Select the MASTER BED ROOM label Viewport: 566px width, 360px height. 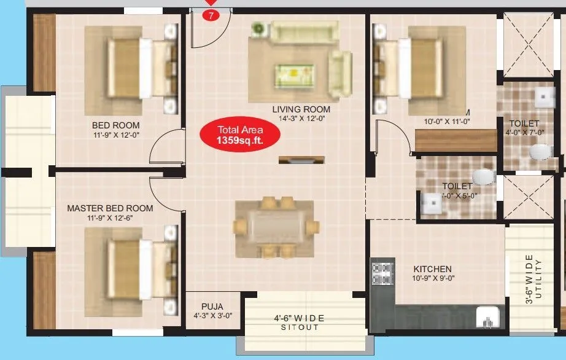(110, 208)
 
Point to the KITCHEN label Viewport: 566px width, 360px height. (432, 269)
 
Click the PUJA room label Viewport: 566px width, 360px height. (212, 307)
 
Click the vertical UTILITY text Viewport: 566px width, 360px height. (538, 280)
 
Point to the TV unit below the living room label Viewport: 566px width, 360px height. (300, 160)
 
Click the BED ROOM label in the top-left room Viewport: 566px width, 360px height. (116, 125)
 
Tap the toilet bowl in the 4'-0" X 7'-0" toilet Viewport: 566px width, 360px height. (539, 151)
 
